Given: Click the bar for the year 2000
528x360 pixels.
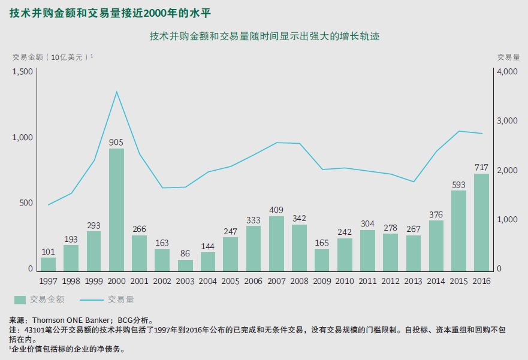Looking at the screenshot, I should (x=116, y=210).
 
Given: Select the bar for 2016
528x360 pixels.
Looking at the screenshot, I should (x=481, y=222).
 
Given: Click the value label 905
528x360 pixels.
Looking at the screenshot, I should (x=116, y=143).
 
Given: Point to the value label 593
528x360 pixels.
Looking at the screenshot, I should (x=458, y=184).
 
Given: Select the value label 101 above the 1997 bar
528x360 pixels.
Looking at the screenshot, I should (x=48, y=252).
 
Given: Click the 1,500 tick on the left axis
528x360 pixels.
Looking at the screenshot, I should (x=22, y=72).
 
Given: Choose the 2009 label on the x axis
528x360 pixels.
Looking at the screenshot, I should (x=322, y=280).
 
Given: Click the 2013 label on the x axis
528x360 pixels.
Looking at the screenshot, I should (x=413, y=280).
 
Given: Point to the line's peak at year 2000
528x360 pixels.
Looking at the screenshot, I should (x=116, y=92).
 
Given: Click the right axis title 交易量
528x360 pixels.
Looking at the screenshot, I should (x=508, y=57).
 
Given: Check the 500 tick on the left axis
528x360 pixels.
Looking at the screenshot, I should (x=26, y=203).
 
